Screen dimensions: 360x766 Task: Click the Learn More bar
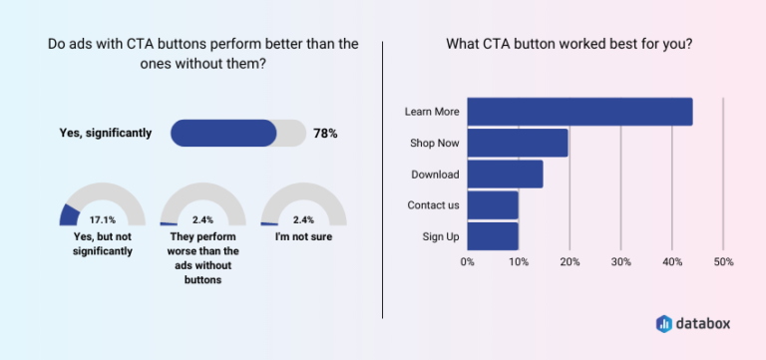pos(579,112)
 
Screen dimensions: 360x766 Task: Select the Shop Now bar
pos(518,143)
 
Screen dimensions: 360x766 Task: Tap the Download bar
pos(505,175)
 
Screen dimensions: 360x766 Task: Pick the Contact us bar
pos(493,205)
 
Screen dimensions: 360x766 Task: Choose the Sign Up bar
pos(493,236)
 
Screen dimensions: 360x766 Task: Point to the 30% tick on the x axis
pos(620,262)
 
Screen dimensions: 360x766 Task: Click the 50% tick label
pos(723,262)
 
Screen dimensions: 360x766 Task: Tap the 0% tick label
pos(467,262)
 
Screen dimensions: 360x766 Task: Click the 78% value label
pos(325,133)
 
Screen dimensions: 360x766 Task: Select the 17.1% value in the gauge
pos(103,219)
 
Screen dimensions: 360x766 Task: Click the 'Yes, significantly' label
pos(104,133)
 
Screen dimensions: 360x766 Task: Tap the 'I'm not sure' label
pos(303,237)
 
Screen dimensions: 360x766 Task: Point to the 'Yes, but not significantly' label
pos(103,244)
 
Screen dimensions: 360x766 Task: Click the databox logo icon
pos(664,323)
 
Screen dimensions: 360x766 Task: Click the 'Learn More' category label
pos(432,112)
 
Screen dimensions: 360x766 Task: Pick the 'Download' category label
pos(435,175)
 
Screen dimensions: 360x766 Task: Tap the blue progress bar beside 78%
pos(224,133)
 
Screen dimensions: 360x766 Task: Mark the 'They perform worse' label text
pos(202,251)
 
